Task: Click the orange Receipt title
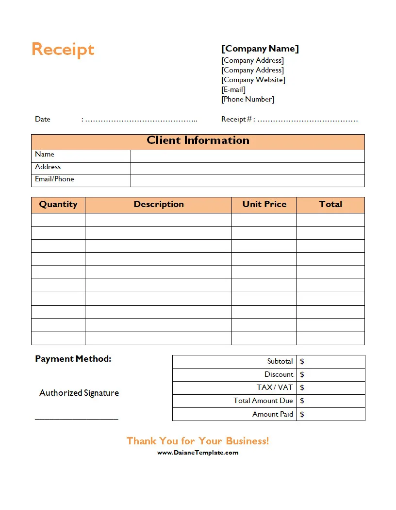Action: coord(63,50)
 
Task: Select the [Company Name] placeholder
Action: coord(260,49)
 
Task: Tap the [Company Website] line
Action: coord(253,80)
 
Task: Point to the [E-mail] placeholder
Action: coord(233,89)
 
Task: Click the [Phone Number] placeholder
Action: coord(248,99)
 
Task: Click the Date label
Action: coord(43,119)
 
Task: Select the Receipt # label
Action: coord(236,119)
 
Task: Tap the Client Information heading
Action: coord(198,141)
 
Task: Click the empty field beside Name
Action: coord(247,156)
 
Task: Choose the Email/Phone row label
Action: coord(54,179)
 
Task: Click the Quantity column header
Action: coord(58,204)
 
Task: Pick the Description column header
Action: coord(159,204)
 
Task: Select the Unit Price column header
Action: coord(264,204)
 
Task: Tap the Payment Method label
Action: coord(73,359)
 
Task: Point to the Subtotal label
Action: coord(280,361)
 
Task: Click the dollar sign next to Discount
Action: coord(302,374)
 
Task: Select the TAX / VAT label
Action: coord(275,387)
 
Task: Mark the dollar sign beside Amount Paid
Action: coord(302,414)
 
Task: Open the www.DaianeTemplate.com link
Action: coord(198,453)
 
